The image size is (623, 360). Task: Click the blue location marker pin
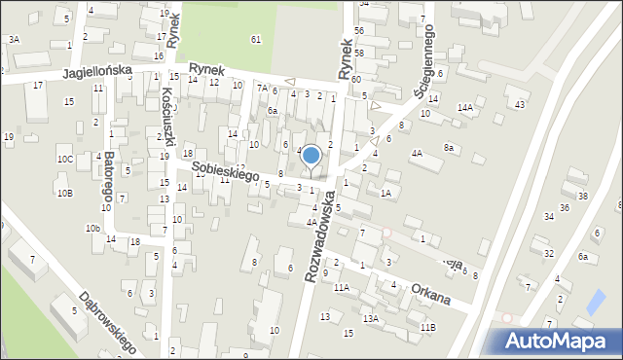tap(311, 156)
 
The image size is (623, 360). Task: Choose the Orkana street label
tap(429, 294)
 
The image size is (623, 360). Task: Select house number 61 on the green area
tap(255, 39)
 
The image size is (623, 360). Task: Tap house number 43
tap(520, 104)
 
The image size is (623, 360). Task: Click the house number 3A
tap(14, 39)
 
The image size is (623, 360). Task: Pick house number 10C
tap(64, 159)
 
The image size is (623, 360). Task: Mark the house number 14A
tap(465, 107)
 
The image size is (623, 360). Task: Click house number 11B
tap(427, 327)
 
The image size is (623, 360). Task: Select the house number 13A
tap(370, 318)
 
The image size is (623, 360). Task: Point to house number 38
tap(582, 196)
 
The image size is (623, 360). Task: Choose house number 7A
tap(262, 88)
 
